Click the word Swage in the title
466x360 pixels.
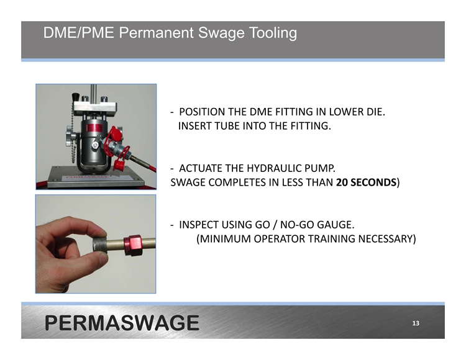click(x=221, y=33)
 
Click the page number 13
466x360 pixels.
click(x=416, y=323)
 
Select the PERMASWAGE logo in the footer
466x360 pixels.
click(x=122, y=323)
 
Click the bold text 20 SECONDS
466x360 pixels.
click(x=366, y=182)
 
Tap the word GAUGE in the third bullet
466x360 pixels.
click(x=336, y=225)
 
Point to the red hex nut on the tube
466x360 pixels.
click(x=133, y=245)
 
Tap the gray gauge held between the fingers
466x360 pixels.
click(x=99, y=245)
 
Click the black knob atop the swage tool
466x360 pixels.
click(x=76, y=97)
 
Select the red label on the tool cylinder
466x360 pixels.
click(x=94, y=128)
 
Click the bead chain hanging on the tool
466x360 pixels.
click(x=73, y=133)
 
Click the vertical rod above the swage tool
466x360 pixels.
click(x=93, y=92)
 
